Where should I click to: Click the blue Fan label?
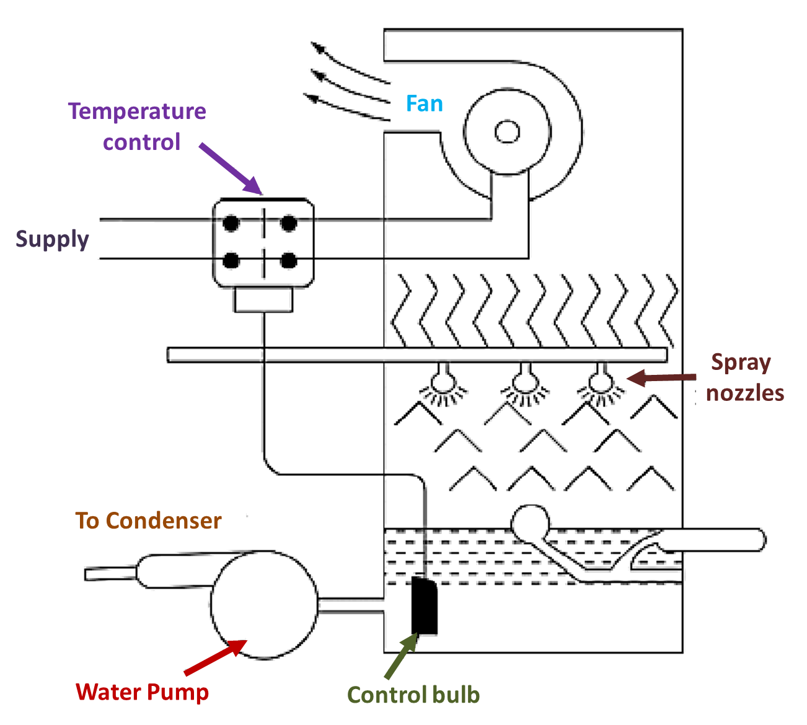tap(425, 103)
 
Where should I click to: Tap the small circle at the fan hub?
tap(507, 131)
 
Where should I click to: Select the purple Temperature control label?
tap(137, 126)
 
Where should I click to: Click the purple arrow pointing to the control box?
tap(230, 169)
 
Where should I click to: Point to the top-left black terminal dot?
tap(231, 222)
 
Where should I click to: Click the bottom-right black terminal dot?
tap(288, 260)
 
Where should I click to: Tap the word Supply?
tap(52, 239)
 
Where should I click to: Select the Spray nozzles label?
tap(744, 377)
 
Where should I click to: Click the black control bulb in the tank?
tap(425, 605)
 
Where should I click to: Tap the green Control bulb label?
tap(413, 695)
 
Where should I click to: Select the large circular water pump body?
tap(264, 604)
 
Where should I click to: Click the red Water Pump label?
tap(142, 692)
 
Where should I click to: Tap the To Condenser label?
tap(148, 521)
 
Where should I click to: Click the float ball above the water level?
tap(531, 522)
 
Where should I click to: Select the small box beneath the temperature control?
tap(263, 300)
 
